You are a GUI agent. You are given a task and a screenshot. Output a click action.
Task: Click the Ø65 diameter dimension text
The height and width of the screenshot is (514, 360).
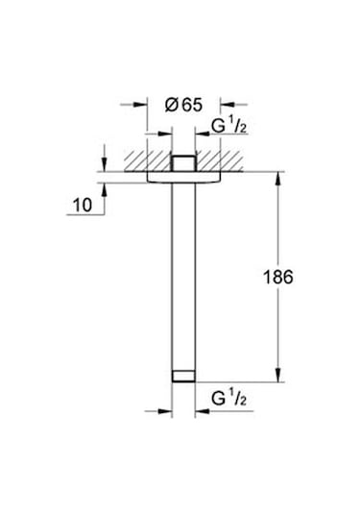pyautogui.click(x=182, y=106)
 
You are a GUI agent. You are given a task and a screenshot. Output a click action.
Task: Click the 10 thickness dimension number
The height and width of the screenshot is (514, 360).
pyautogui.click(x=82, y=203)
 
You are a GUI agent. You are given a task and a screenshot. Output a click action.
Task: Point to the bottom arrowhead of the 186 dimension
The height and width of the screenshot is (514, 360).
pyautogui.click(x=279, y=380)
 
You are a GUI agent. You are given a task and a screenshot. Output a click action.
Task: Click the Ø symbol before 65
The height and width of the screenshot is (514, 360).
pyautogui.click(x=170, y=106)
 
